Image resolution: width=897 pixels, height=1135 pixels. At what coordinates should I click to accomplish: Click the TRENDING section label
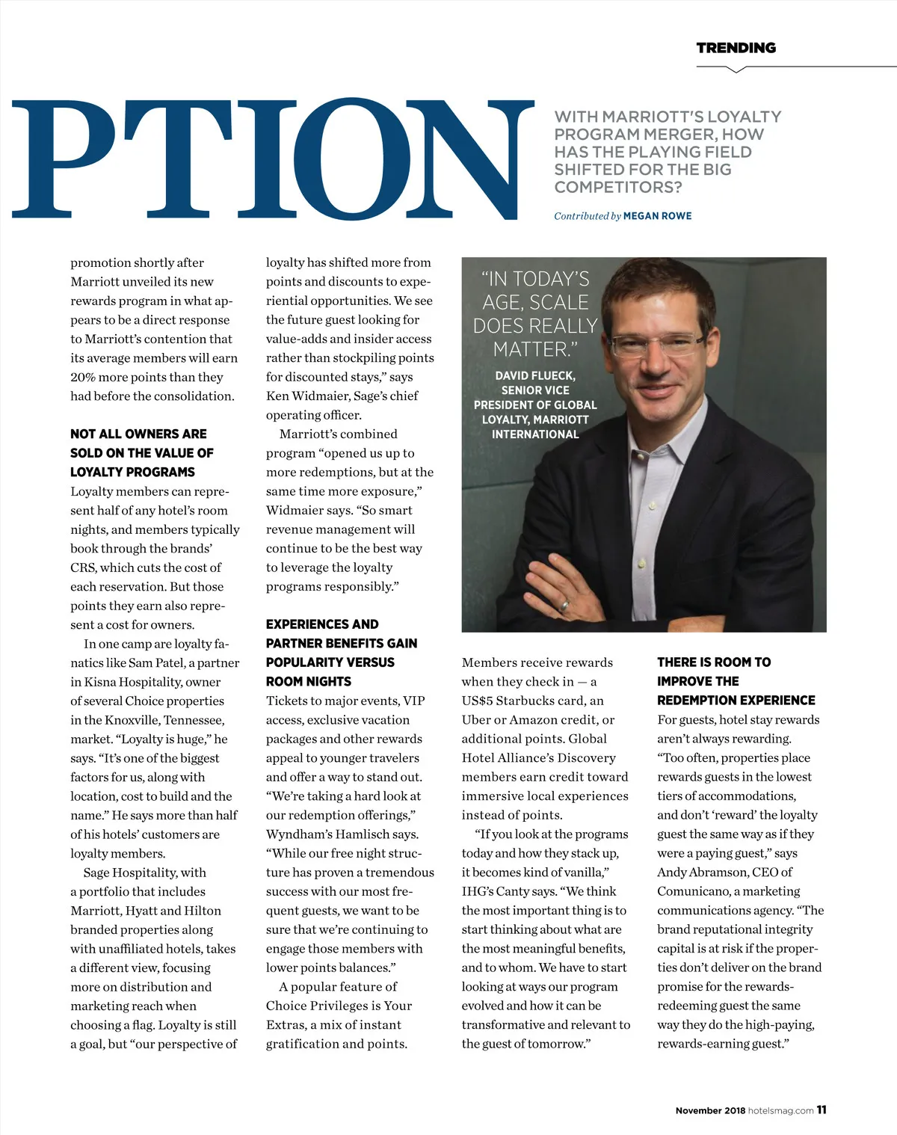736,48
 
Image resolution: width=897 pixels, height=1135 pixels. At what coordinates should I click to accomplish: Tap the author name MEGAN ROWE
657,216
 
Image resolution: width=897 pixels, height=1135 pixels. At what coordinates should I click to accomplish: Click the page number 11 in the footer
822,1110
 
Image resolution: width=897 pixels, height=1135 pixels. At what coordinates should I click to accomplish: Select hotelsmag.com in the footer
780,1111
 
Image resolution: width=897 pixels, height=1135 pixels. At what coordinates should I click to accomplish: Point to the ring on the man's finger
565,605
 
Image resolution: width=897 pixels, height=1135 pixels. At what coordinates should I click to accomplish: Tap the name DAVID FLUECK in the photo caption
535,375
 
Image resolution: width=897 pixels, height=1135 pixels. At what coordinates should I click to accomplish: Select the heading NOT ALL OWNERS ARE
138,434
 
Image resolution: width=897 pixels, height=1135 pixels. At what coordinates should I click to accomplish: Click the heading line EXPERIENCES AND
322,624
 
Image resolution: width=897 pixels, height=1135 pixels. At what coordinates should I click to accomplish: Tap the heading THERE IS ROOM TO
714,662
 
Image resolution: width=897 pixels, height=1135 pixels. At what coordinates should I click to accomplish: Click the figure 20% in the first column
84,377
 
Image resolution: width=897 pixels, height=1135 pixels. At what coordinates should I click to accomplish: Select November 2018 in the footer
709,1111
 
